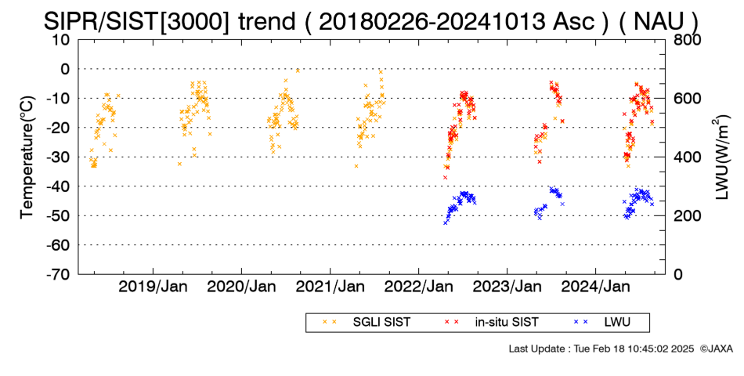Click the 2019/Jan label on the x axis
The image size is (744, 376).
click(x=153, y=287)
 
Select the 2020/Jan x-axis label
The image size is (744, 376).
click(x=241, y=287)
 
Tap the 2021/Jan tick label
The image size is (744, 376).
click(x=330, y=287)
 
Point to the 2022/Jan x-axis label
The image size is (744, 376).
click(x=418, y=287)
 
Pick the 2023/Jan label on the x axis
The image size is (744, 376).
click(x=507, y=287)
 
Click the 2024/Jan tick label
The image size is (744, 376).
click(x=596, y=287)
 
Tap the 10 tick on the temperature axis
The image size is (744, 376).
click(x=61, y=40)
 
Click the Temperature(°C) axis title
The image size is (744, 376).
click(x=27, y=157)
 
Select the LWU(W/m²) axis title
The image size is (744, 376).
click(x=721, y=157)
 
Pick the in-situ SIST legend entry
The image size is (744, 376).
click(x=491, y=323)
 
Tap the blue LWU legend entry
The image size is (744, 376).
click(x=601, y=323)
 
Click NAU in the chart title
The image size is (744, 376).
click(x=659, y=21)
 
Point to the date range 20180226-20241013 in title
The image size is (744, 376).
click(x=432, y=21)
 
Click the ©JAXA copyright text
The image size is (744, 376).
click(x=716, y=349)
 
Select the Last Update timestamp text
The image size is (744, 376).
click(x=601, y=349)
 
